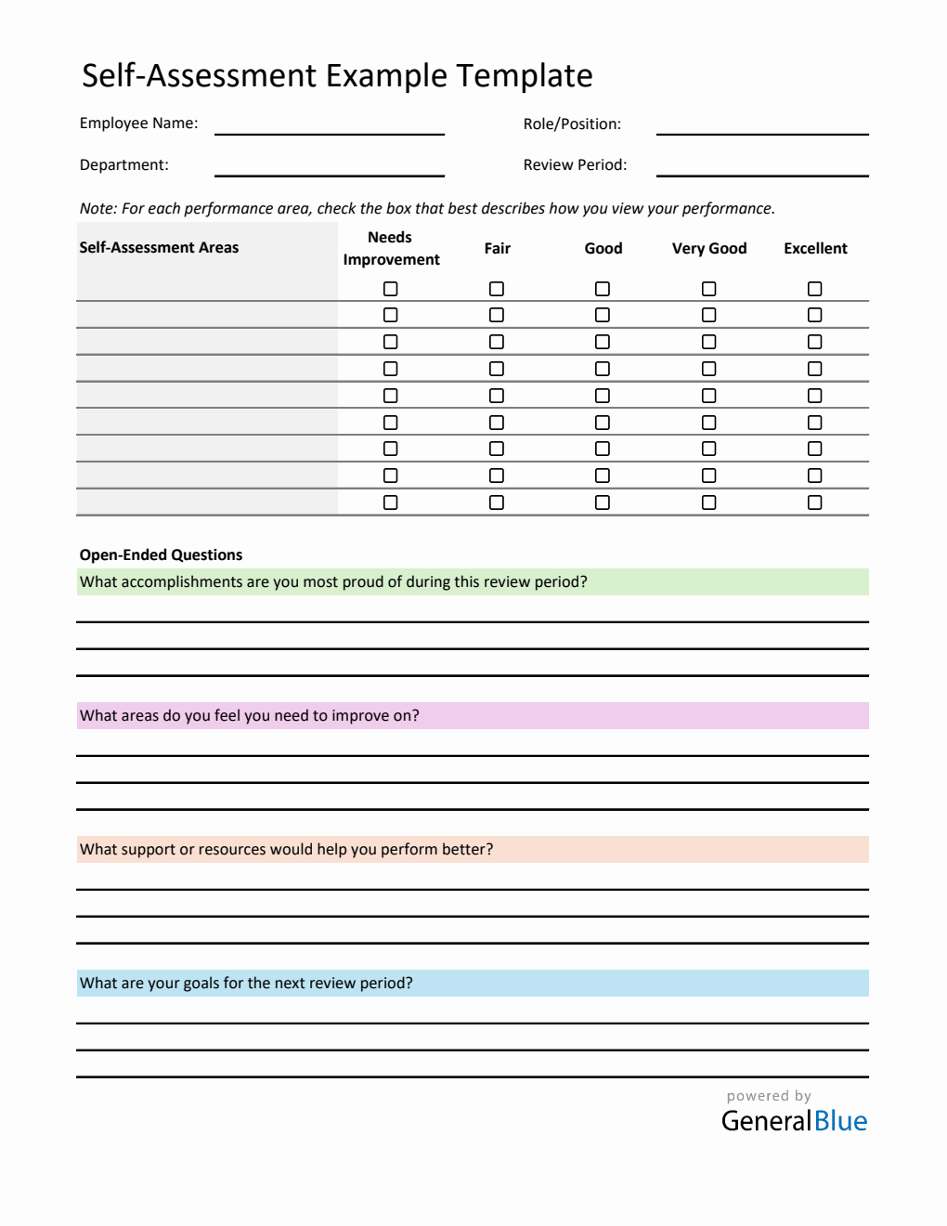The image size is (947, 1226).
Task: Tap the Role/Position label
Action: (x=572, y=124)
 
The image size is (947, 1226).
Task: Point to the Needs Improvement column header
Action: (x=391, y=249)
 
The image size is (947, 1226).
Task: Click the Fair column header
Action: (x=497, y=249)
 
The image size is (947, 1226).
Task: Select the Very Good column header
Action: (x=709, y=249)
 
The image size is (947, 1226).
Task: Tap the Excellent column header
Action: (x=815, y=249)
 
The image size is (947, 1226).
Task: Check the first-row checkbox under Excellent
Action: (x=815, y=289)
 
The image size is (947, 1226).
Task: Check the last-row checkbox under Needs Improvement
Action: (x=391, y=502)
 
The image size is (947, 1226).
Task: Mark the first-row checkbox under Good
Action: (x=603, y=289)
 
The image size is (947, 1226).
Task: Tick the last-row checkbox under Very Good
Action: (x=709, y=502)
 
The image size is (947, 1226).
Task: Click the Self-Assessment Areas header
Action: (x=159, y=248)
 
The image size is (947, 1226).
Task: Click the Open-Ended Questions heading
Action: (x=161, y=555)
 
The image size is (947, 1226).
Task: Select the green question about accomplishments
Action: (x=333, y=582)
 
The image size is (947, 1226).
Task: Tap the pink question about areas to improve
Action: (x=250, y=716)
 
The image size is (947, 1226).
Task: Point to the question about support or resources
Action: (x=286, y=850)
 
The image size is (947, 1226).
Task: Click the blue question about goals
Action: (x=246, y=984)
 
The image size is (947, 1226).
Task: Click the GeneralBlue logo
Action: (x=794, y=1121)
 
